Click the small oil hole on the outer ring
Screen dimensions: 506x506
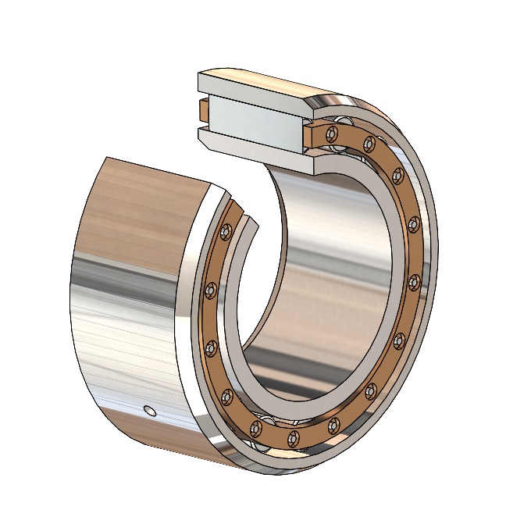click(x=150, y=411)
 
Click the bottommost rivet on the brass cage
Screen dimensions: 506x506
click(x=294, y=436)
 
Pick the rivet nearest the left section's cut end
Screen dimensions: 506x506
click(x=226, y=231)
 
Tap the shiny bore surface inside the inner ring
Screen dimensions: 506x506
click(x=328, y=258)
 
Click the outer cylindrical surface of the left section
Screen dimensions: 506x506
click(x=125, y=312)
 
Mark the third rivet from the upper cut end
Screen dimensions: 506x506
click(x=397, y=173)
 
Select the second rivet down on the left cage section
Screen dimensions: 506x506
click(x=209, y=290)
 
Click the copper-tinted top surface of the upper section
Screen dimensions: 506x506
click(x=265, y=78)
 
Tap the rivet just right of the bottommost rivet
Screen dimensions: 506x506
click(x=334, y=423)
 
